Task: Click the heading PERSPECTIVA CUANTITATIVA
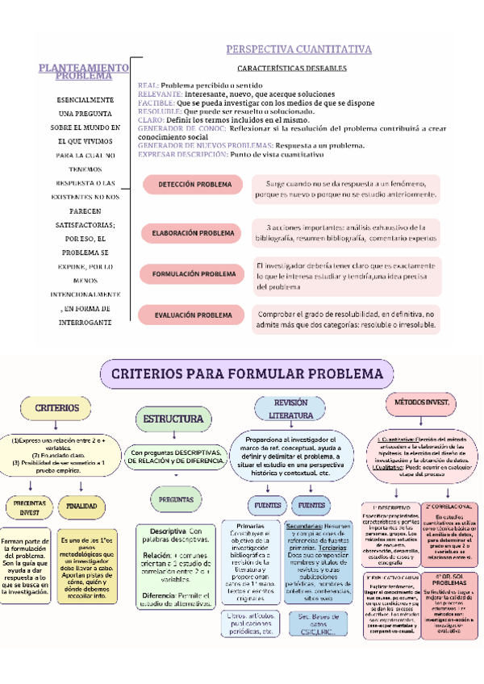tap(298, 50)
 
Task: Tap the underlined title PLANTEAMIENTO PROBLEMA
tap(84, 72)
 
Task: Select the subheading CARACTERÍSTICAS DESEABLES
tap(292, 69)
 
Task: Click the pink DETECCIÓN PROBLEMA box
tap(194, 185)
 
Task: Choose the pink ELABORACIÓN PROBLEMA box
tap(194, 233)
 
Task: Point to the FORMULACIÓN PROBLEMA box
tap(194, 274)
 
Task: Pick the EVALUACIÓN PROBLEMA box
tap(194, 315)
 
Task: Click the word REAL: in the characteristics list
tap(148, 85)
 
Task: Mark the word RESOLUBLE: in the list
tap(160, 111)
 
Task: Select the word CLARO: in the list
tap(152, 120)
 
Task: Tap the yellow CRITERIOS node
tap(56, 409)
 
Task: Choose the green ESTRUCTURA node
tap(173, 419)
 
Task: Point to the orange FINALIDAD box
tap(82, 506)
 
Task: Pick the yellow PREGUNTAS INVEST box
tap(30, 507)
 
